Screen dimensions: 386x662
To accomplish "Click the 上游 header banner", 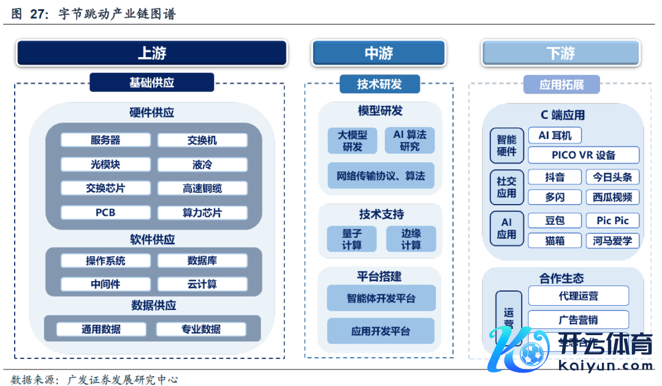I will [151, 53].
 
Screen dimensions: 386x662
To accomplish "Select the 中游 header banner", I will [378, 53].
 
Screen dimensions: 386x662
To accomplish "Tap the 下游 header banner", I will [560, 53].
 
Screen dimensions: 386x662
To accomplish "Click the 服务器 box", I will [105, 140].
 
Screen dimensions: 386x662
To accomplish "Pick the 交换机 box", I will [202, 140].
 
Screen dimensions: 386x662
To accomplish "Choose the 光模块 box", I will [105, 164].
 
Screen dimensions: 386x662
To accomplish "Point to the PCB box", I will [105, 213].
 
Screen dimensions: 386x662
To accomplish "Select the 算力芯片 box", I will [202, 213].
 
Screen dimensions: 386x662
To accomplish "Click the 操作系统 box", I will [105, 260].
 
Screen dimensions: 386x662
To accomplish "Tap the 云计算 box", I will [202, 284].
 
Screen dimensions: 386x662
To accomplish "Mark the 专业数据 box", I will [201, 329].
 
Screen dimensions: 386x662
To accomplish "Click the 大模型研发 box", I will [352, 140].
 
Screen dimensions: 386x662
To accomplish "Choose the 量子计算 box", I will [352, 239].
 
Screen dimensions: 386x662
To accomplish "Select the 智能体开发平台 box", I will [381, 298].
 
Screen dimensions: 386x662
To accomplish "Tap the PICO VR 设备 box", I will [584, 155].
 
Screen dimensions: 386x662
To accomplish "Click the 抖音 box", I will [555, 177].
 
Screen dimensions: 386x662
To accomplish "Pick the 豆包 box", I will [555, 221].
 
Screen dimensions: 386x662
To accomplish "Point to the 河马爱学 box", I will [612, 241].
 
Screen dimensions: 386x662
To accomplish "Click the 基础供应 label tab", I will [151, 83].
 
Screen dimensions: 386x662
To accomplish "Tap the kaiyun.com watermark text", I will [607, 366].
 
